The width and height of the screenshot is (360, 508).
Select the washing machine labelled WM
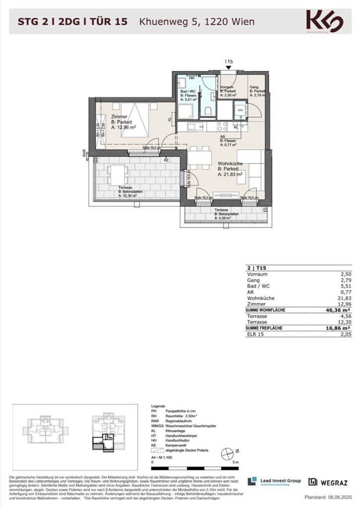[x=240, y=110]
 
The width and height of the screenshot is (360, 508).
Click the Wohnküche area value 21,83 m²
[x=231, y=174]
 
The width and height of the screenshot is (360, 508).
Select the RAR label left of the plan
[x=84, y=154]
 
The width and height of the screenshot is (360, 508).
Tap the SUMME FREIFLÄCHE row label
[x=268, y=328]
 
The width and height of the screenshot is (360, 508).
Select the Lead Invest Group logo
[x=274, y=482]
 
